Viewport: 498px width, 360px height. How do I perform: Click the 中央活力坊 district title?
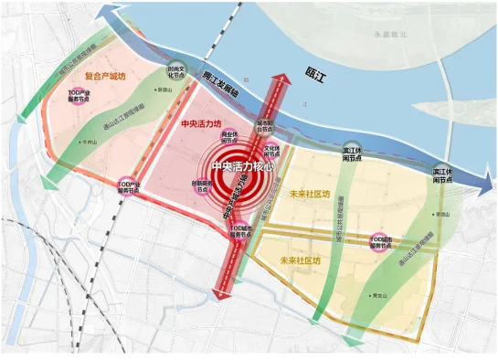tap(201, 122)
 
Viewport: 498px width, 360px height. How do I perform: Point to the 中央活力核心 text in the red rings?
tap(246, 167)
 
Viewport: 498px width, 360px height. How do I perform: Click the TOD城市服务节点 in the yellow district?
tap(377, 241)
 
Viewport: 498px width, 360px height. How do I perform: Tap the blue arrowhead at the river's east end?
tap(481, 189)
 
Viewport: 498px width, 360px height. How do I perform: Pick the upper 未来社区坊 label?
tap(308, 194)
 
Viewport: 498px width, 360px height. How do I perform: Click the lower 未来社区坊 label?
tap(302, 260)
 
